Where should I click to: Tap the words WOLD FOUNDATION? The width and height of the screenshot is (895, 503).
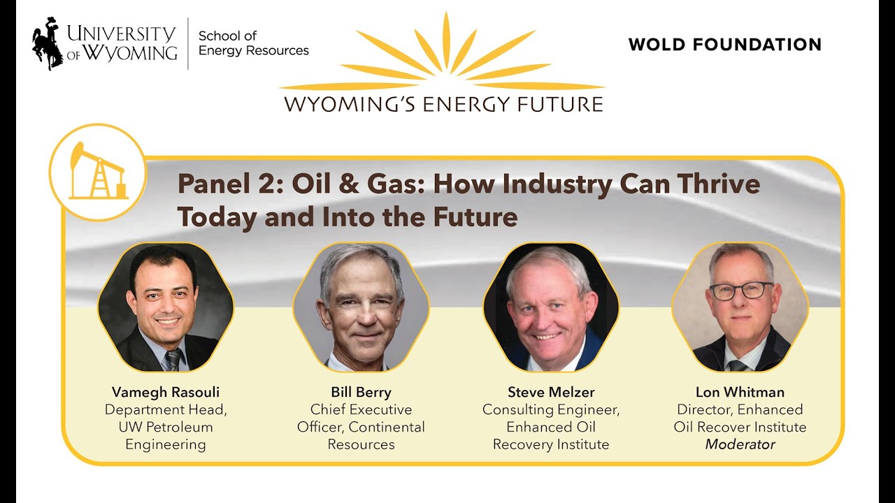724,45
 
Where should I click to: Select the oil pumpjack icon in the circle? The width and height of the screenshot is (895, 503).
98,172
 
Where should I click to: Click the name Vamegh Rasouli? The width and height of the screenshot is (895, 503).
165,392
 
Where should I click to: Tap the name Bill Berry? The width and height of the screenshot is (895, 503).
361,392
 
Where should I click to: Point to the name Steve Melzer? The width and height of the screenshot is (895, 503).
551,392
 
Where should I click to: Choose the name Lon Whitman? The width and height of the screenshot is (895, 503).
740,392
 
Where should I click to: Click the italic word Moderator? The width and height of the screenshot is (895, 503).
740,444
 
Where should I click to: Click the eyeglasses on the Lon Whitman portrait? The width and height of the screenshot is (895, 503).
741,291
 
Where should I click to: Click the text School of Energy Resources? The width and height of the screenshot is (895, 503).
253,43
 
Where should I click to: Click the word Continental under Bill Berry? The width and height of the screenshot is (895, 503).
387,427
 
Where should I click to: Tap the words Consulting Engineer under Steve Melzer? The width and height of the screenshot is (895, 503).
551,409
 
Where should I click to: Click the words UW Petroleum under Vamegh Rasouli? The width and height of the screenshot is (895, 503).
165,427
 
